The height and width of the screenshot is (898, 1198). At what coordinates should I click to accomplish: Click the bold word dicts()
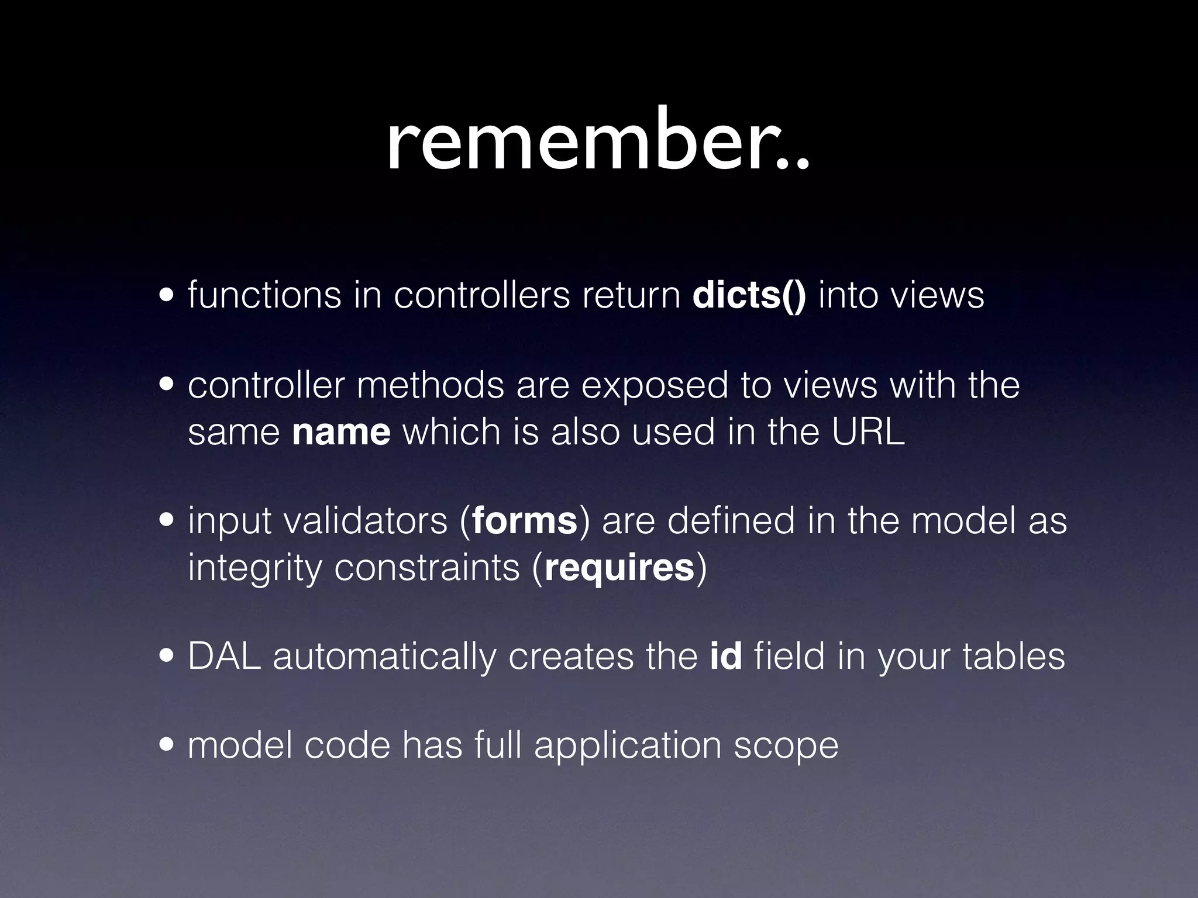tap(748, 296)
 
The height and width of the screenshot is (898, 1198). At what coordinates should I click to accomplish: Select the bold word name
tap(341, 433)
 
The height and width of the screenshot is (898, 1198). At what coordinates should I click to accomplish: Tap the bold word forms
tap(525, 521)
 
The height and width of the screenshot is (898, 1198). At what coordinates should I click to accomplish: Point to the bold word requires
tap(619, 568)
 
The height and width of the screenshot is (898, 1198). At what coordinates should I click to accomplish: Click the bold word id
tap(726, 657)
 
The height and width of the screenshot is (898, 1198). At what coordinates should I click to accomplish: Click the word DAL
tap(224, 657)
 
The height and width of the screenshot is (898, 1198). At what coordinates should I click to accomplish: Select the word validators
tap(366, 521)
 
